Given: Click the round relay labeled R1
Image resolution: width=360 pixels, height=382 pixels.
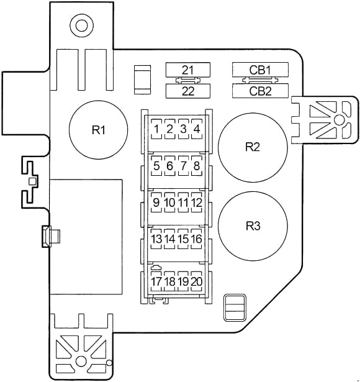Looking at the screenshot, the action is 98,130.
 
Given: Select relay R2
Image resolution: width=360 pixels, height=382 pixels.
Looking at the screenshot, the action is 253,147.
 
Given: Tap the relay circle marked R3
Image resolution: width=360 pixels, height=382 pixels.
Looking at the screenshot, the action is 253,226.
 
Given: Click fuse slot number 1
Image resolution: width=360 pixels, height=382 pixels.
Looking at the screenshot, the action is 156,129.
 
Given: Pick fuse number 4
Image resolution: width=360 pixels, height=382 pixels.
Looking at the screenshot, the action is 197,129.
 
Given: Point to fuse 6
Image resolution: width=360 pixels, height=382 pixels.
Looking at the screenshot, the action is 169,166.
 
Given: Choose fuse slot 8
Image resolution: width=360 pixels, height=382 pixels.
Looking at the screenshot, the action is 197,166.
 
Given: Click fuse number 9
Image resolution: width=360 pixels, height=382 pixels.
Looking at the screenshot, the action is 156,202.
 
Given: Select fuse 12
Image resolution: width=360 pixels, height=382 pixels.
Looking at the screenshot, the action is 197,202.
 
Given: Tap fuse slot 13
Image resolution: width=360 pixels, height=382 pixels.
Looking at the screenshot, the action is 156,239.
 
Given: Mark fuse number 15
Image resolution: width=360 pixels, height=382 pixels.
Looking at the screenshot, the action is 183,239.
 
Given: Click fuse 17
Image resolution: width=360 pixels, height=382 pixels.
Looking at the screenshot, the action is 156,281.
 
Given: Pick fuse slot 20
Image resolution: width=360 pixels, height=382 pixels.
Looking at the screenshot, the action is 197,281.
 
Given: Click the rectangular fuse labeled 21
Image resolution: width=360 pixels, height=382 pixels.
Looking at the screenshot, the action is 188,70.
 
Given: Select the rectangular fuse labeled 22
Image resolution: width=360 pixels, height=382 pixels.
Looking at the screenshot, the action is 188,91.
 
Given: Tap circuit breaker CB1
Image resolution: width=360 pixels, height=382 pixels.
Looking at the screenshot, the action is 260,70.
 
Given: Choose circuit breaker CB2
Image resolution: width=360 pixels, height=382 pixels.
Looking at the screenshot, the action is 260,91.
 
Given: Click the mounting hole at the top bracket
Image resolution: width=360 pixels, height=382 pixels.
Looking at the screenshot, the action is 81,25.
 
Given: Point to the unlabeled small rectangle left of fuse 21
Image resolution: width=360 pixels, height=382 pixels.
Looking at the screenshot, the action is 142,80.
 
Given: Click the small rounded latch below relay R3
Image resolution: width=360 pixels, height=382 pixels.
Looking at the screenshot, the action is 235,307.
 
